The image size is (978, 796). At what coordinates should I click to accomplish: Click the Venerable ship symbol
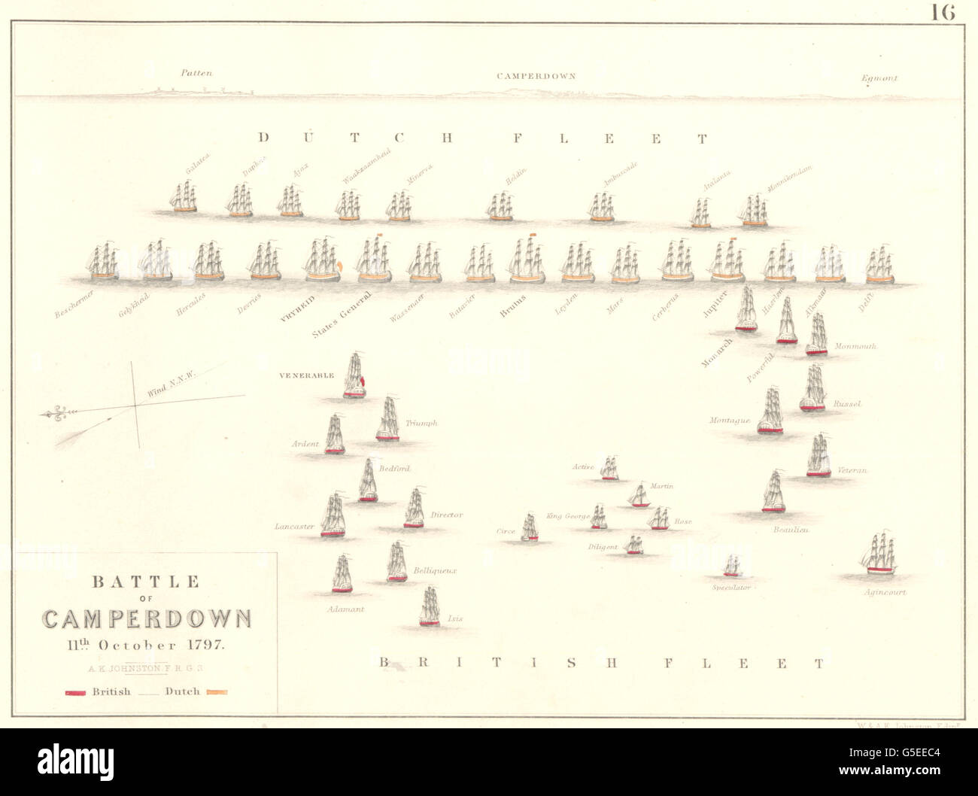[x=354, y=376]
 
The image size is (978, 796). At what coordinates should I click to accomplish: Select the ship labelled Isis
[x=430, y=606]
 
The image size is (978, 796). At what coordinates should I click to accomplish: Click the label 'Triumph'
[x=421, y=424]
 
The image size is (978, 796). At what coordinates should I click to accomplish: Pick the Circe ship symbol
[x=530, y=527]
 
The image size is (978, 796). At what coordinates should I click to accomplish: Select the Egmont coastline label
[x=880, y=77]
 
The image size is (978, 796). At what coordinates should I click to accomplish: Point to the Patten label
[x=196, y=73]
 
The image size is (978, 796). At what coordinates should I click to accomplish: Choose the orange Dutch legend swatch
[x=217, y=692]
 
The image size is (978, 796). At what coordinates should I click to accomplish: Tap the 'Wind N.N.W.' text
[x=171, y=384]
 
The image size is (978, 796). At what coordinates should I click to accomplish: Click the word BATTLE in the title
[x=146, y=582]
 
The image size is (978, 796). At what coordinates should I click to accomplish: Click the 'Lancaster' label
[x=294, y=527]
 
